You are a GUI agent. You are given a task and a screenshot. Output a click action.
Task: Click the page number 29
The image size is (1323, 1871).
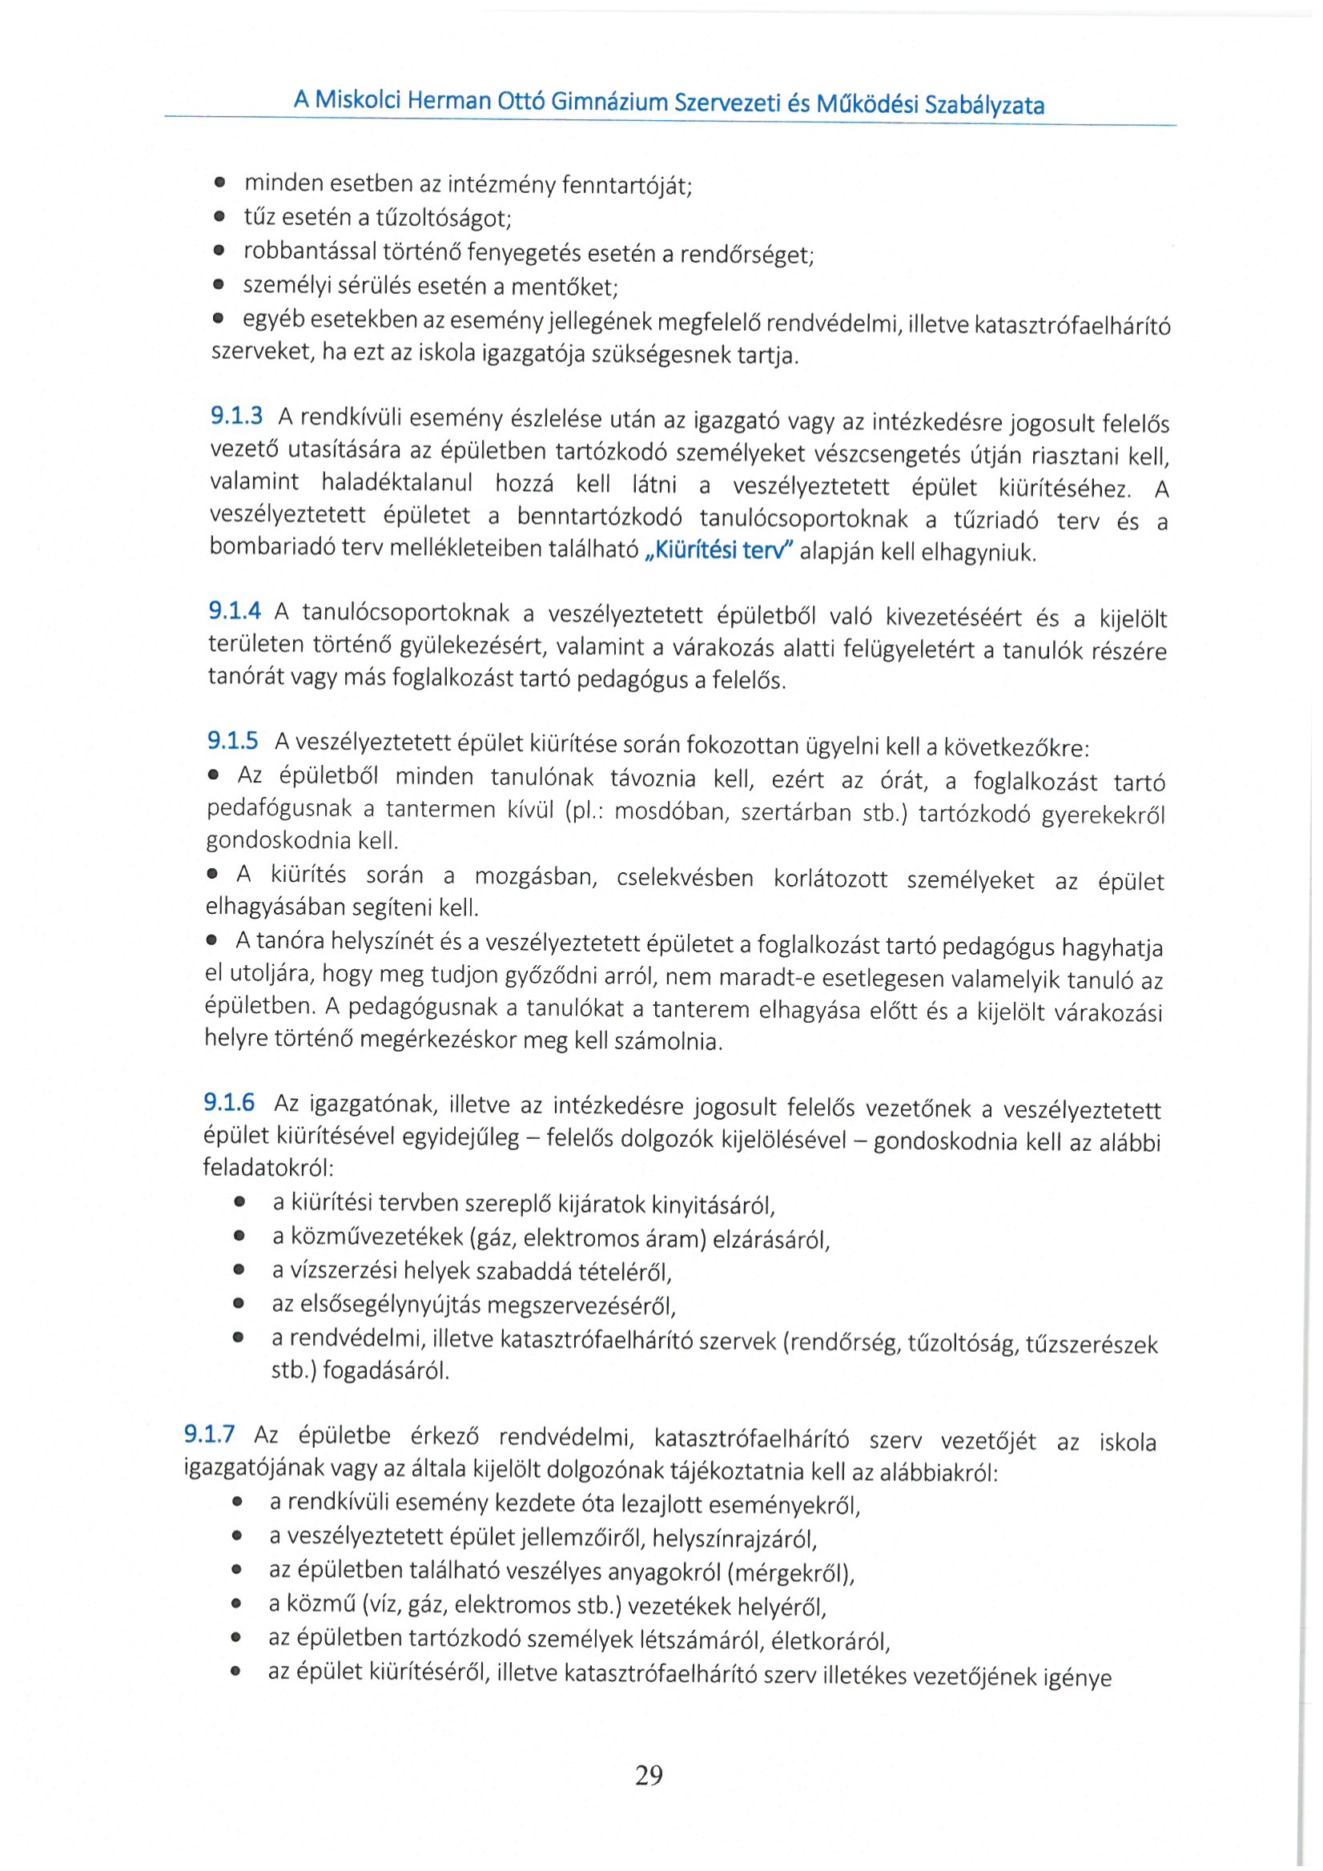649,1774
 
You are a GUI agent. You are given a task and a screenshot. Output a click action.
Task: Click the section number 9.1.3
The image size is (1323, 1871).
236,416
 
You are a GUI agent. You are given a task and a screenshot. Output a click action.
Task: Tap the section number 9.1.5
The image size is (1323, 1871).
232,740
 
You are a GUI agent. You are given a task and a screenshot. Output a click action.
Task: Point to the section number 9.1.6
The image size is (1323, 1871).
229,1103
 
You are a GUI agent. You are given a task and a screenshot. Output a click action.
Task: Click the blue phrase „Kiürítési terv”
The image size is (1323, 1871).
719,551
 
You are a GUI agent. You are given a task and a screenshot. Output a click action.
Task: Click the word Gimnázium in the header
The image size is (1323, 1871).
609,102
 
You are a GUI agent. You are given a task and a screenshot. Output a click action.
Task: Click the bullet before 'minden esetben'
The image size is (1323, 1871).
220,183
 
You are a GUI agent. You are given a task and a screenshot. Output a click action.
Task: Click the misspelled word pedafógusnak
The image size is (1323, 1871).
279,808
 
